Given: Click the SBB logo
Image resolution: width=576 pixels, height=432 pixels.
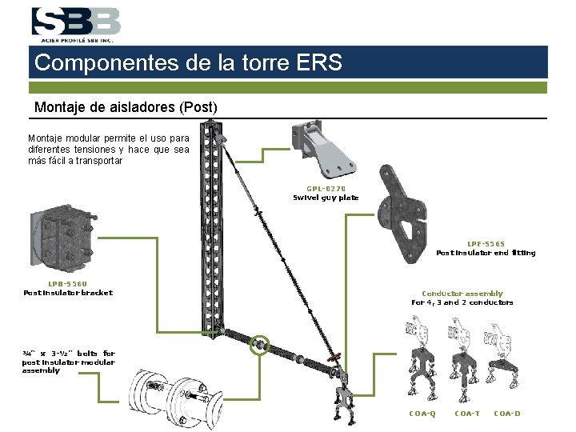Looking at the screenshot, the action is [x=76, y=25].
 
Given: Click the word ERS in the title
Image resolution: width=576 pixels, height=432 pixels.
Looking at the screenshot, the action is [x=319, y=62].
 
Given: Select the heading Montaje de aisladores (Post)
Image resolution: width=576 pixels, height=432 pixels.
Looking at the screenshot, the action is [x=126, y=107].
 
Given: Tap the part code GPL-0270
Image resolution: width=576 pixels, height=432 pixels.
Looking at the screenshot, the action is [x=326, y=189].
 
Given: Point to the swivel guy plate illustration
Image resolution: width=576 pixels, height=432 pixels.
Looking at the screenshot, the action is [x=322, y=149].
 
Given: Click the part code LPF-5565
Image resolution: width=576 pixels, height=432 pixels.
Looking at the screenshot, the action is [x=486, y=243].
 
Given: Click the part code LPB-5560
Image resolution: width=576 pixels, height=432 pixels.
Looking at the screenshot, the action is [x=67, y=283].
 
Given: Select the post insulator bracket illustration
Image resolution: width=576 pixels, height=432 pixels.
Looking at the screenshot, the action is [x=62, y=238].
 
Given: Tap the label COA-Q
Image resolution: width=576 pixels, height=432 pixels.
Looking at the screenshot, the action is [x=422, y=414].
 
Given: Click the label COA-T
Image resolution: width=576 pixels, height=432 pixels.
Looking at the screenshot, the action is [x=467, y=414].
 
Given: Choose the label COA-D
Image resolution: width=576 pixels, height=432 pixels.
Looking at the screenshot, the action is [x=507, y=414].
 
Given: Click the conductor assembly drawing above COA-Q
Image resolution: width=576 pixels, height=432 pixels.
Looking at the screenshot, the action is [x=421, y=358].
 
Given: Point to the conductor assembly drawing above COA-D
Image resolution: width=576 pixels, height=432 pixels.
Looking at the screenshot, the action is [x=502, y=356].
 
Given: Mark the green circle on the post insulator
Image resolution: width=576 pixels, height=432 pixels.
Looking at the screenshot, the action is [x=260, y=345].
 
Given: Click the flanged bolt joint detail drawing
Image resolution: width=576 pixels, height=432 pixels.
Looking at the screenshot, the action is [x=175, y=398].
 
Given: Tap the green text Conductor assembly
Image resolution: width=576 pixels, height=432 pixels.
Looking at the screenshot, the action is [x=462, y=293].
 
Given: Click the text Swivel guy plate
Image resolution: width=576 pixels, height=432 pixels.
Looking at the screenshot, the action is [x=326, y=198].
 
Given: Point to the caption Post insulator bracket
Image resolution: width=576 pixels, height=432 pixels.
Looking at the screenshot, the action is [x=68, y=293].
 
